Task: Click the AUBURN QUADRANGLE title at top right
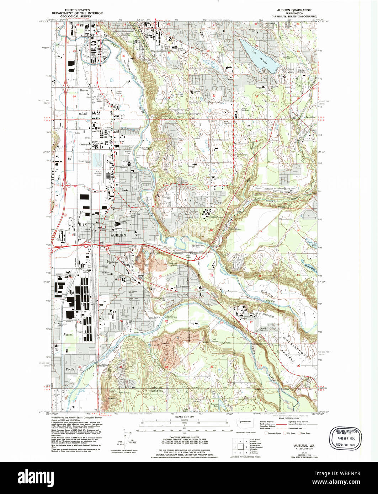click(297, 10)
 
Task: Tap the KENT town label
click(88, 36)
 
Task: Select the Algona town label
click(68, 334)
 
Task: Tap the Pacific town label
click(70, 369)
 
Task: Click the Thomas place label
click(84, 91)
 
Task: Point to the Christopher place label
click(85, 145)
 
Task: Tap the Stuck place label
click(112, 314)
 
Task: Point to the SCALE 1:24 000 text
click(184, 417)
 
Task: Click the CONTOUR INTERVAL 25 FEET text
click(184, 437)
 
